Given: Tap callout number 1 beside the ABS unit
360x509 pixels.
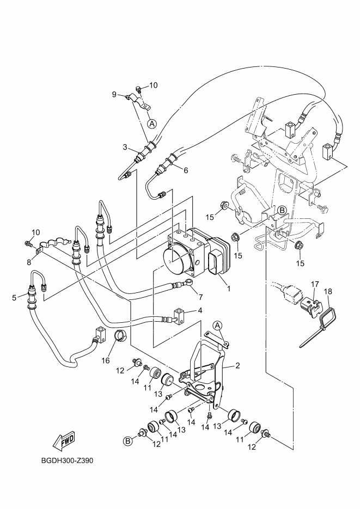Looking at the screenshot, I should tap(229, 289).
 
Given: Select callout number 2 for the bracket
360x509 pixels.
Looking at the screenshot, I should tap(238, 366).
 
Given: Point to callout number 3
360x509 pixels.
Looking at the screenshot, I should tap(125, 148).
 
